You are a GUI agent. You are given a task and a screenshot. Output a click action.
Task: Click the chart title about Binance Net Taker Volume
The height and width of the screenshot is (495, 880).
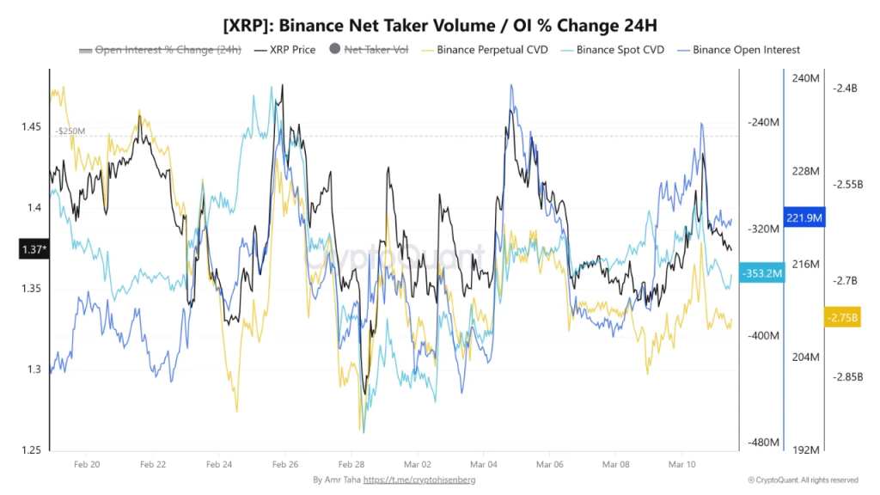click(440, 23)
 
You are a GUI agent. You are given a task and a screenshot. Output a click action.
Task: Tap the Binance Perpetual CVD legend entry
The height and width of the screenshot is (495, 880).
click(485, 50)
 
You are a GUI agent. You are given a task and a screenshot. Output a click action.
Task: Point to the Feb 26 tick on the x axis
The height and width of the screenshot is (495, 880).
click(284, 464)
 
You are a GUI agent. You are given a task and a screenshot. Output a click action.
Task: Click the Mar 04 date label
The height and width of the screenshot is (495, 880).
click(483, 464)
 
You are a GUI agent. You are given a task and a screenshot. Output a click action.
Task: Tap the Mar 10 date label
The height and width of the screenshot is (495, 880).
click(681, 464)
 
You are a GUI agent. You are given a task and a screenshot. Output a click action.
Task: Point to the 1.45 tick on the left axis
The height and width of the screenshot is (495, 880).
click(32, 127)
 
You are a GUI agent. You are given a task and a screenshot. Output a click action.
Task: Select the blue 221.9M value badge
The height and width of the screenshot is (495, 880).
click(805, 218)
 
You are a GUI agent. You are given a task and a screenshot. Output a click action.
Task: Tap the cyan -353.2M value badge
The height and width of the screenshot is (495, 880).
click(761, 274)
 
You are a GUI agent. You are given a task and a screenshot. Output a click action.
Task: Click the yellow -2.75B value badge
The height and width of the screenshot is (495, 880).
click(841, 317)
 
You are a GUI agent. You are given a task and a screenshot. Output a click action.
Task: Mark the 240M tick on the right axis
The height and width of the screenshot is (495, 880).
click(806, 78)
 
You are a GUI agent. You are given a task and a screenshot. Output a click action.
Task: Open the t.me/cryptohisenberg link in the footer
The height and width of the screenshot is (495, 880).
click(419, 480)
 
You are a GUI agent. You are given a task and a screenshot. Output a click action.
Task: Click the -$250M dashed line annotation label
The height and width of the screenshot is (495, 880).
click(70, 131)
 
